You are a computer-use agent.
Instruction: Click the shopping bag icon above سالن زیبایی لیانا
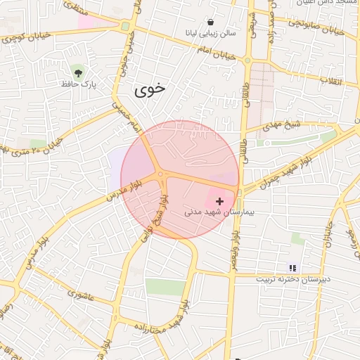coord(212,22)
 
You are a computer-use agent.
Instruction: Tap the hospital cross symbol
coord(220,201)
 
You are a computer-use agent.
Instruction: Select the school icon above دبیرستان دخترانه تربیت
coord(292,267)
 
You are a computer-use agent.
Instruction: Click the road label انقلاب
coord(331,80)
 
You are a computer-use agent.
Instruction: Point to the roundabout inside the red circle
coord(161,174)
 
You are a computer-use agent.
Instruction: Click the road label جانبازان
coord(328,238)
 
